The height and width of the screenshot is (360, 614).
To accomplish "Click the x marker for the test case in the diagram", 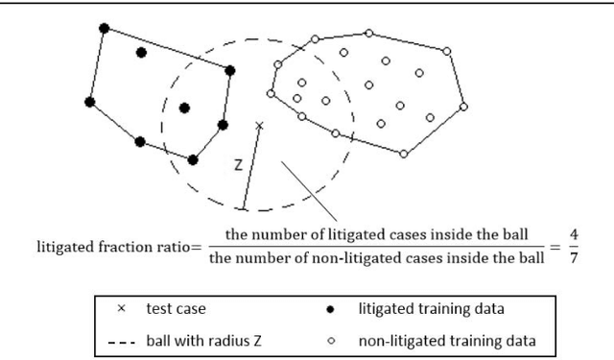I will coord(259,125).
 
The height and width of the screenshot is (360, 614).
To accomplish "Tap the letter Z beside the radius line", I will coord(237,164).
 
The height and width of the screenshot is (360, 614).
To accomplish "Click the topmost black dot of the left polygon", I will coord(104,29).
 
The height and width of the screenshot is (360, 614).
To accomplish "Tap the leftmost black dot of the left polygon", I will coord(89,101).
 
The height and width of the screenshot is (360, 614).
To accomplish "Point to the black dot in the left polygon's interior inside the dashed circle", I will coord(184,108).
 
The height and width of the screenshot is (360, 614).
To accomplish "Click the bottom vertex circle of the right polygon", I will coord(404,154).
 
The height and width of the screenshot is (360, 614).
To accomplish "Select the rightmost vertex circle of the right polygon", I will coord(467,106).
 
